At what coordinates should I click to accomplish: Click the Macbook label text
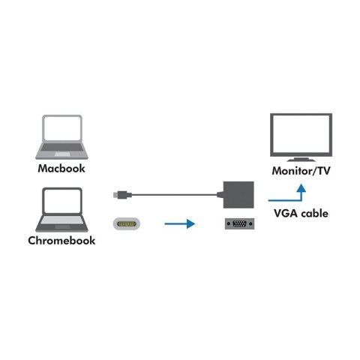[x=64, y=169]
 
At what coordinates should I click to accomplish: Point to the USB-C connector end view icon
[x=128, y=223]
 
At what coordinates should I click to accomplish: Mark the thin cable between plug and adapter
[x=172, y=195]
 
